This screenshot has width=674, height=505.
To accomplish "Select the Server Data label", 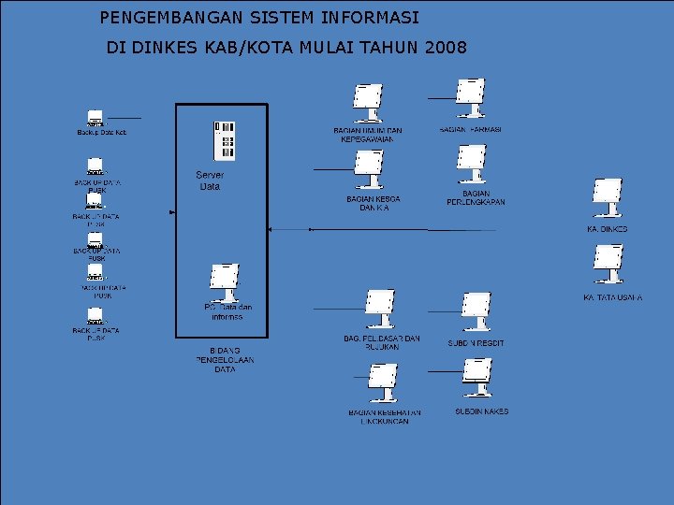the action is pos(210,180).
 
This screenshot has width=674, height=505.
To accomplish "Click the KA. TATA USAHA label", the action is pos(612,297).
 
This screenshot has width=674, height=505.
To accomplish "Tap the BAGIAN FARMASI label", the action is pos(470,129).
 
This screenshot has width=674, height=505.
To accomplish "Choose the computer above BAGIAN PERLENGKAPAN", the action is pos(471,165).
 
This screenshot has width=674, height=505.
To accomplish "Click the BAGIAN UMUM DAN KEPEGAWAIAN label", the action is pos(368,135).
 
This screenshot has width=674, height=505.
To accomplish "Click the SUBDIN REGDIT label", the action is pos(476,343).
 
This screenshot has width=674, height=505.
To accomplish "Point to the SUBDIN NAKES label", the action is pos(481,411).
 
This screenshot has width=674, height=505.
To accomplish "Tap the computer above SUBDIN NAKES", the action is pos(476,378).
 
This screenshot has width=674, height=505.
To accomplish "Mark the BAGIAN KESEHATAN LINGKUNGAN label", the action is pos(385,417).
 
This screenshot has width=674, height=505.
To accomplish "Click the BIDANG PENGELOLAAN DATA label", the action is pos(225,359).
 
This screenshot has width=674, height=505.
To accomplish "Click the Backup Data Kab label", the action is pos(101,133).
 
